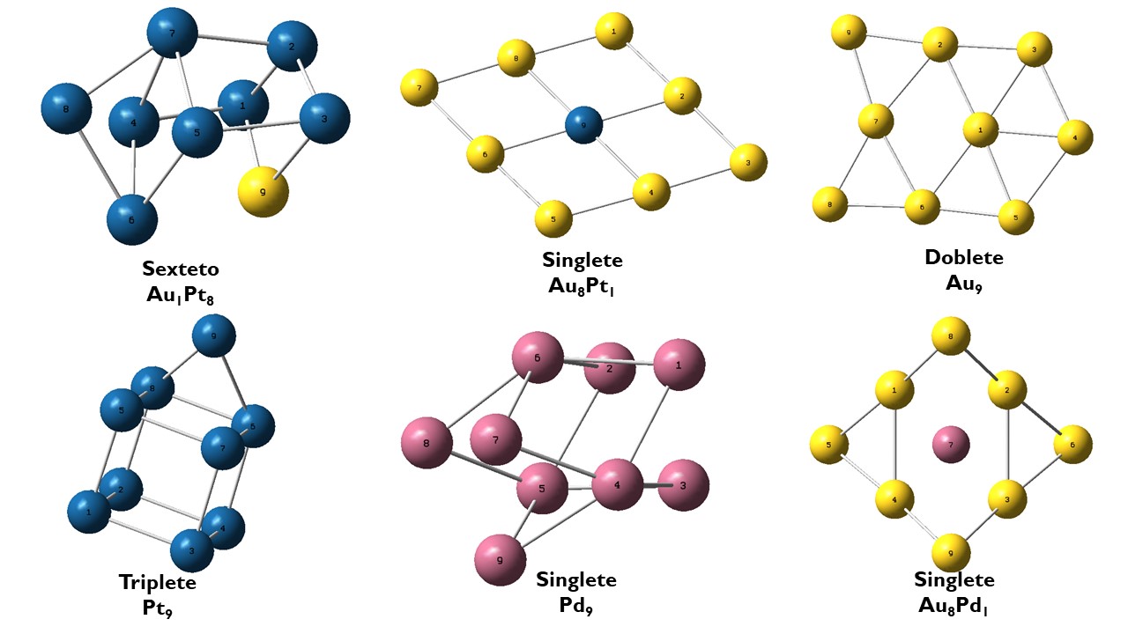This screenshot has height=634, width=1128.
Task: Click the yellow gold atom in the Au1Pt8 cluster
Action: click(x=263, y=190)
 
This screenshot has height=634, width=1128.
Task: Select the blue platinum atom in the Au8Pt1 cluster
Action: click(x=583, y=124)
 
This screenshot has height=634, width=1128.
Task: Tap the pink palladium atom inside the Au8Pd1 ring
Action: click(x=951, y=445)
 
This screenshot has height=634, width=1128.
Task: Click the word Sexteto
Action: click(x=181, y=269)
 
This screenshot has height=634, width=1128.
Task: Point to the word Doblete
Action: click(x=963, y=258)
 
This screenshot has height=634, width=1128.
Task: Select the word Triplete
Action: click(x=158, y=583)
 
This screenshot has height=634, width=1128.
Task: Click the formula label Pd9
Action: click(x=576, y=605)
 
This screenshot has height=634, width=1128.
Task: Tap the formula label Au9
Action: click(x=963, y=284)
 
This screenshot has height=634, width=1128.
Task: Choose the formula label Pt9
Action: click(x=158, y=608)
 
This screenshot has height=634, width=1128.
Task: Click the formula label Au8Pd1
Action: click(x=954, y=606)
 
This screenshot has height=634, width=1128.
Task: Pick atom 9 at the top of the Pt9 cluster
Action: click(x=213, y=335)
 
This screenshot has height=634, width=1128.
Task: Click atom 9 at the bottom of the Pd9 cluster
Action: click(x=501, y=558)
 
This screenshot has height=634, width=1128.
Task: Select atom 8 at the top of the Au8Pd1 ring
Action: click(x=951, y=336)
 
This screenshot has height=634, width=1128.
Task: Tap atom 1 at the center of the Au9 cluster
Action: click(x=980, y=130)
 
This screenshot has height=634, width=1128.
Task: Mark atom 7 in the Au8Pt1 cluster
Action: click(x=419, y=88)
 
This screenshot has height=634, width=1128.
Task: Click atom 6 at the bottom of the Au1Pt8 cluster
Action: click(x=132, y=218)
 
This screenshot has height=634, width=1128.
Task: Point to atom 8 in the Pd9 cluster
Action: click(x=427, y=443)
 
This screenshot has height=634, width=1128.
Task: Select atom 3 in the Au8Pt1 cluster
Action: click(x=748, y=162)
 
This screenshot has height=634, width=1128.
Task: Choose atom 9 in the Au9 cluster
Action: click(x=849, y=32)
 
